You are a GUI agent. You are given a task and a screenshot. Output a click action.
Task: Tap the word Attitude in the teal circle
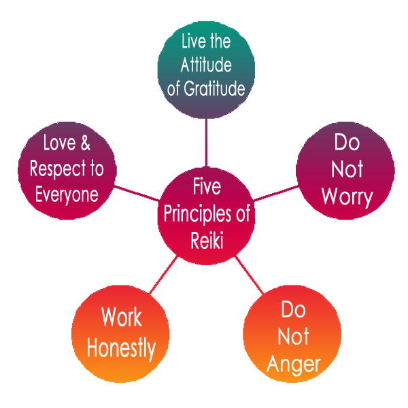pyautogui.click(x=206, y=65)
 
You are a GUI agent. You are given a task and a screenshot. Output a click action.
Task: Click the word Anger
pyautogui.click(x=294, y=363)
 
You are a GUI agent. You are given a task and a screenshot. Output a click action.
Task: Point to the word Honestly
pyautogui.click(x=121, y=347)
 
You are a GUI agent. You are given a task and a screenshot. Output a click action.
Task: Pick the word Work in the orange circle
pyautogui.click(x=122, y=317)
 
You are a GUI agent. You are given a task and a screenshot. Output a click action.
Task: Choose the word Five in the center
pyautogui.click(x=207, y=186)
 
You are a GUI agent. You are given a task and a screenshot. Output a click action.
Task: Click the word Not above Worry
pyautogui.click(x=347, y=169)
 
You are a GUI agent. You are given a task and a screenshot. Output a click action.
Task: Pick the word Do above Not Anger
pyautogui.click(x=294, y=310)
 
